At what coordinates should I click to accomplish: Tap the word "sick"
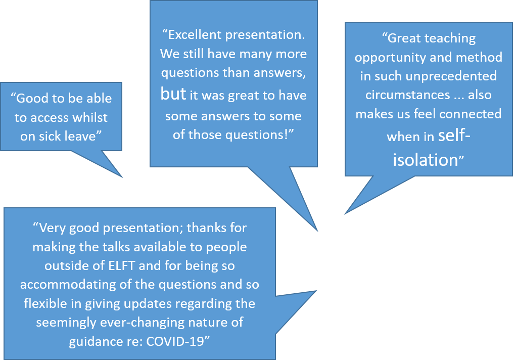(x=50, y=136)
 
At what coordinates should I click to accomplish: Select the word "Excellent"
(x=195, y=34)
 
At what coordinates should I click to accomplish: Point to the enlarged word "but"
(x=173, y=94)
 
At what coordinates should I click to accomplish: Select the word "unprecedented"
(x=451, y=76)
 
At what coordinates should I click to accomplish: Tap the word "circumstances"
(x=407, y=95)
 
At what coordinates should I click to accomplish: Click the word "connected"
(x=470, y=114)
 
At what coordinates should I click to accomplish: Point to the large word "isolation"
(x=426, y=160)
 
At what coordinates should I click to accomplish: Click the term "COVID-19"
(x=175, y=342)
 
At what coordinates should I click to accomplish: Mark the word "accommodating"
(x=68, y=285)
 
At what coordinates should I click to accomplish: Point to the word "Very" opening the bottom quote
(x=53, y=228)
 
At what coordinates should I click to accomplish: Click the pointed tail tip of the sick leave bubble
(x=122, y=177)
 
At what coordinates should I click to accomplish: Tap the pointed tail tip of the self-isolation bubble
(x=345, y=214)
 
